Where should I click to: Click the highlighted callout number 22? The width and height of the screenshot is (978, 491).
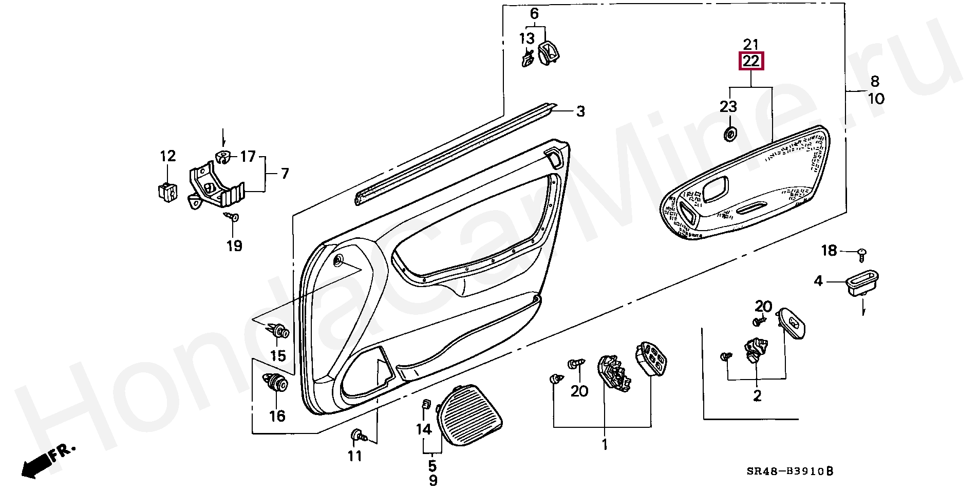coord(751,61)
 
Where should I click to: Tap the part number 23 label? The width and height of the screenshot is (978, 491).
coord(728,107)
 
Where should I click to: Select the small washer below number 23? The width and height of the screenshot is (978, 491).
coord(729,135)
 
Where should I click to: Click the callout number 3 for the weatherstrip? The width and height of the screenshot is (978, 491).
coord(580,111)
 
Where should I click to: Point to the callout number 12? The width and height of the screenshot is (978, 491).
coord(168,156)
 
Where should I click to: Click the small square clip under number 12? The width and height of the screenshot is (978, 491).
coord(168,191)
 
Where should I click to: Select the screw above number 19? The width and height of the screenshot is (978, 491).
coord(234,218)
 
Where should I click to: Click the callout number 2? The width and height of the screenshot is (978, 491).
coord(757,395)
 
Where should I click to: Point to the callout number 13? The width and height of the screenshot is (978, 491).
coord(526,39)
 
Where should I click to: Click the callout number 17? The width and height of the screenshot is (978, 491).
coord(248,156)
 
